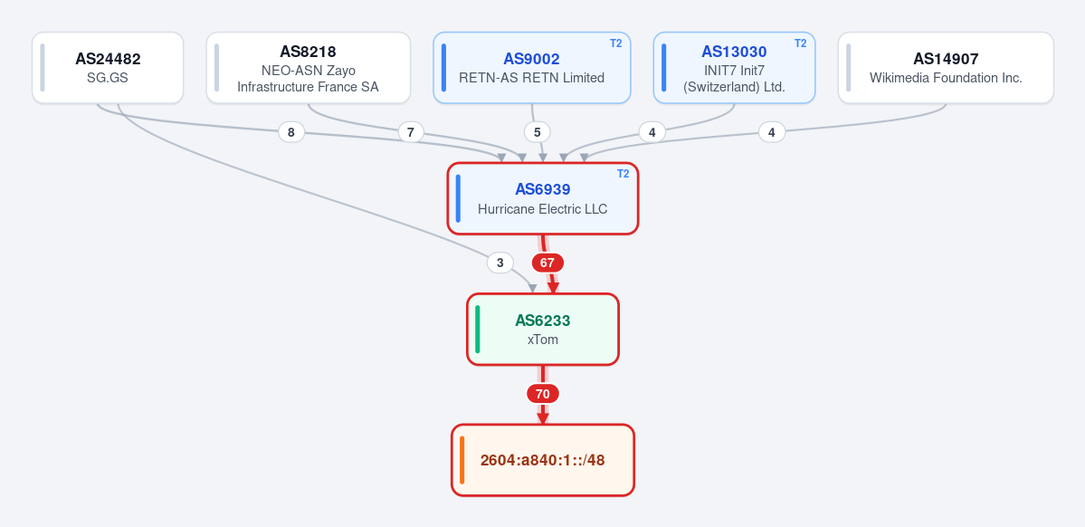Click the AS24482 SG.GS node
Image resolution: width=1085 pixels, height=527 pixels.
click(x=108, y=68)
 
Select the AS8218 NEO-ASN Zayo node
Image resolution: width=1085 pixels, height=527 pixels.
click(x=308, y=68)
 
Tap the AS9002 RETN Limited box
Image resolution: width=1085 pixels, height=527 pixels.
click(x=532, y=68)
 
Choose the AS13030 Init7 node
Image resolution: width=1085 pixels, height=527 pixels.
click(x=734, y=68)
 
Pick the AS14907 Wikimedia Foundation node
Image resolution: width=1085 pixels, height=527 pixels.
click(x=946, y=68)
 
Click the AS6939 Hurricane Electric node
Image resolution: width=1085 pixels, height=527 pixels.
click(x=543, y=198)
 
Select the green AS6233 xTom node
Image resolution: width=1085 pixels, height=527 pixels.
click(x=543, y=329)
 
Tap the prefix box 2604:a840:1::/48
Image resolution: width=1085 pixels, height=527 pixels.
click(x=543, y=460)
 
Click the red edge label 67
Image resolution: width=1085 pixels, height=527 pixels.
click(x=547, y=263)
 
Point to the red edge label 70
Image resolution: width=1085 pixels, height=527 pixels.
click(x=543, y=394)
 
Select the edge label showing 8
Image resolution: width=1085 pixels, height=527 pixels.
click(x=291, y=132)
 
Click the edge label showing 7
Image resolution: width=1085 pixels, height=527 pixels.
click(x=410, y=132)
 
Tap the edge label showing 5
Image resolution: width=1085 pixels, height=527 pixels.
click(x=537, y=132)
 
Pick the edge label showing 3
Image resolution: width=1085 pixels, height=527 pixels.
click(x=500, y=263)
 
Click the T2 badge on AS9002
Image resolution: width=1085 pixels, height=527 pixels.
click(x=616, y=43)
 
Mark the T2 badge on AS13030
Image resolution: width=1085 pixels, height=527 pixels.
click(x=801, y=43)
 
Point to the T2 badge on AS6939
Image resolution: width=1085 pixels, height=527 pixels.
click(x=623, y=174)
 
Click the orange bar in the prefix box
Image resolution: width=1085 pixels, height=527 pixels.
click(x=462, y=460)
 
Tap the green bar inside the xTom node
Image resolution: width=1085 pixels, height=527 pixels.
click(x=478, y=329)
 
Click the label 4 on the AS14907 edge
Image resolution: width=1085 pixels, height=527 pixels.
click(x=772, y=132)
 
